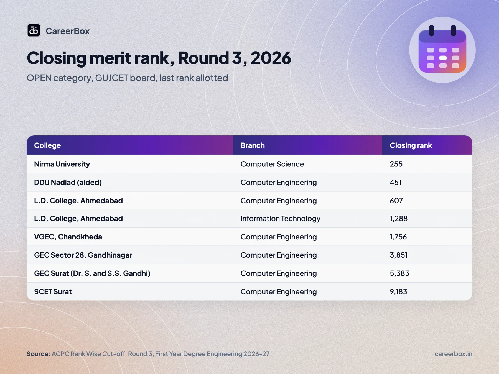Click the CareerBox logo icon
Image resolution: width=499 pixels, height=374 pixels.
(x=34, y=30)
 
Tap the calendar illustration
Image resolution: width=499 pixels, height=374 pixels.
(x=442, y=50)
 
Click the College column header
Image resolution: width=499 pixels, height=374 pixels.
(x=47, y=145)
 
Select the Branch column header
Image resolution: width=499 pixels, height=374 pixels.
(x=253, y=145)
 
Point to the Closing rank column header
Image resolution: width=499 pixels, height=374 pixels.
(x=411, y=145)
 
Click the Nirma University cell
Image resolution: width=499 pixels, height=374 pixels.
(x=62, y=164)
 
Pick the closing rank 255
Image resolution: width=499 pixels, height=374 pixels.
(x=396, y=164)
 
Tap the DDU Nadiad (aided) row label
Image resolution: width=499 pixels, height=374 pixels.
(x=68, y=182)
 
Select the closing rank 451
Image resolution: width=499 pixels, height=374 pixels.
(x=396, y=182)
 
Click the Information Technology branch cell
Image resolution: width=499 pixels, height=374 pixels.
(x=281, y=219)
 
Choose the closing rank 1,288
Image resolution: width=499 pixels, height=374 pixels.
(x=399, y=219)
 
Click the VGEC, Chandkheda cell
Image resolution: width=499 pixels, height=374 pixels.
(x=68, y=237)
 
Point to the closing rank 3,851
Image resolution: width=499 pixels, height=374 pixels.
(x=399, y=255)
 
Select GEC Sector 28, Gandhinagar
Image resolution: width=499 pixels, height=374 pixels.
(x=83, y=255)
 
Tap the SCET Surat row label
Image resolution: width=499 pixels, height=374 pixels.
(x=53, y=292)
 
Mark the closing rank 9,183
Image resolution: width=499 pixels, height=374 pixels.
(x=398, y=292)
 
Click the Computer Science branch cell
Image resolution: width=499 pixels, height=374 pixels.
(x=272, y=164)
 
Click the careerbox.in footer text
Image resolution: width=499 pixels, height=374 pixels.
(x=453, y=354)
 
